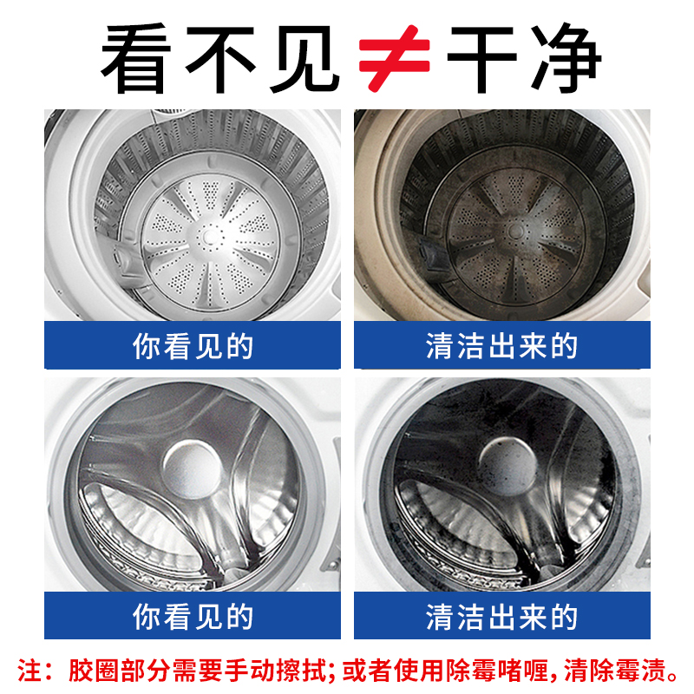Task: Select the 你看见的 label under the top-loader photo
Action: [x=193, y=346]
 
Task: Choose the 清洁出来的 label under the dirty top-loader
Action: [x=501, y=346]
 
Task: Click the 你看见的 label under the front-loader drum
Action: [x=193, y=617]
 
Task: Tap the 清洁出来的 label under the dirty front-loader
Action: [x=501, y=617]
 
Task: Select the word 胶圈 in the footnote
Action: [x=89, y=670]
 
